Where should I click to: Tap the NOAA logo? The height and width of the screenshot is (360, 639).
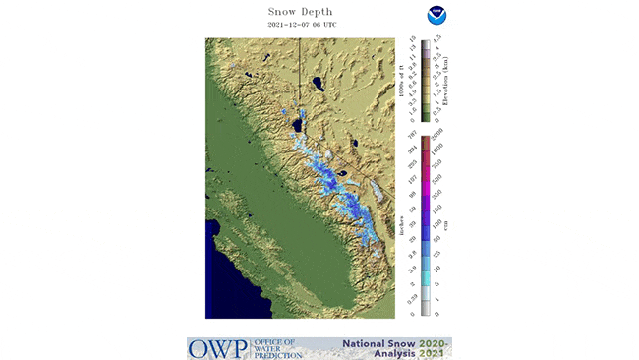click(436, 16)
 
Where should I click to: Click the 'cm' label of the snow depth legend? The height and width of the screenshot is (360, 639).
click(444, 226)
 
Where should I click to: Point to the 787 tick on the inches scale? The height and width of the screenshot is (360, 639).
click(411, 132)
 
